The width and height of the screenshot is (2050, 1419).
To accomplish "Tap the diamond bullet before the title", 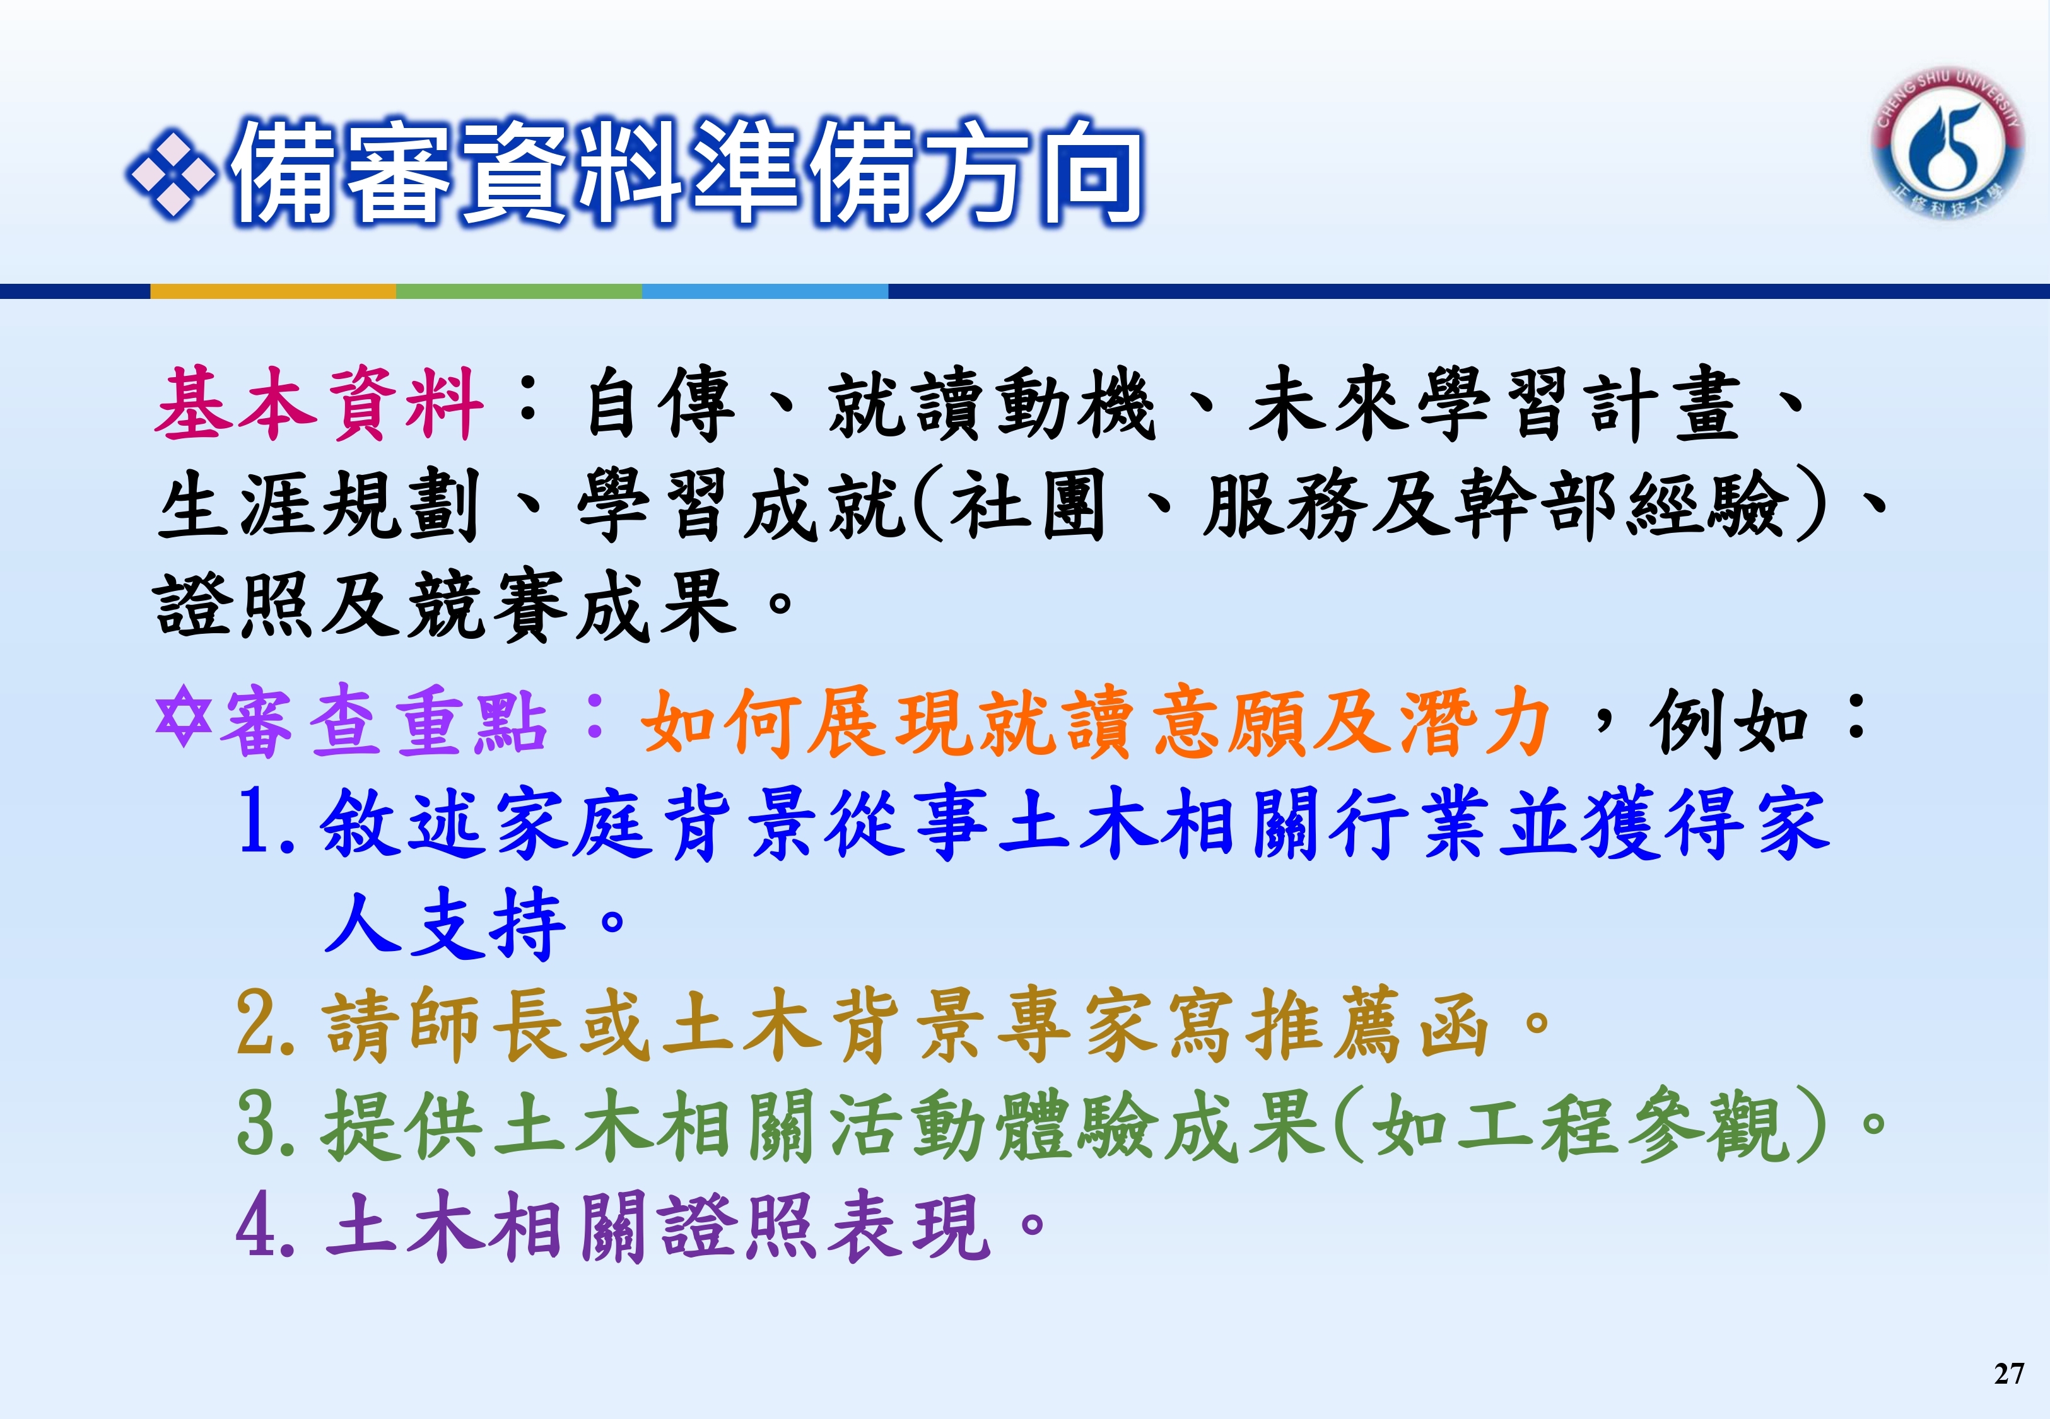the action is pyautogui.click(x=171, y=174).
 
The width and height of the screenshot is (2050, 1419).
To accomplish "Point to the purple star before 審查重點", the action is pyautogui.click(x=183, y=718).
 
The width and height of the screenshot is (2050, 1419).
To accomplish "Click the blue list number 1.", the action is pyautogui.click(x=264, y=822).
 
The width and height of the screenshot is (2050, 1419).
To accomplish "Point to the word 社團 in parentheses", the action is pyautogui.click(x=1027, y=505).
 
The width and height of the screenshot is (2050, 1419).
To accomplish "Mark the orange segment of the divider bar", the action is pyautogui.click(x=273, y=291).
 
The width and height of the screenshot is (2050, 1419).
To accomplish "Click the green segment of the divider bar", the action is pyautogui.click(x=519, y=291).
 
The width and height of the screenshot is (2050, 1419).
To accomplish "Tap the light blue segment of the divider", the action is pyautogui.click(x=764, y=291).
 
